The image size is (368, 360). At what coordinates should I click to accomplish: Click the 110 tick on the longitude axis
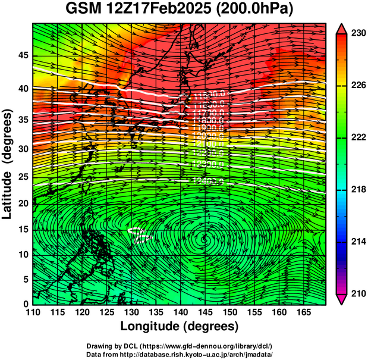coord(33,313)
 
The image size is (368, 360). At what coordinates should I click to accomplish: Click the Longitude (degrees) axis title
coord(180,327)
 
